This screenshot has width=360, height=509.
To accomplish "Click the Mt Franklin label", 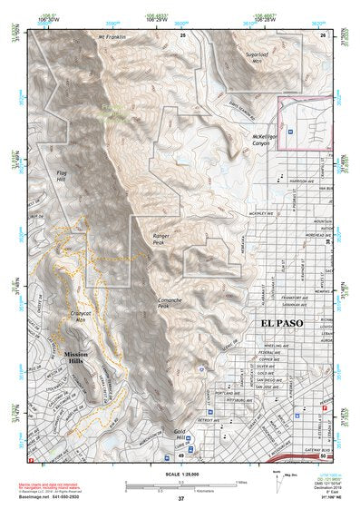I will pos(109,41).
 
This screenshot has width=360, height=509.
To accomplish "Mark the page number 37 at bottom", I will pos(180,499).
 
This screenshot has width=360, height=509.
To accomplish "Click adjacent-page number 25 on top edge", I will pos(183,34).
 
